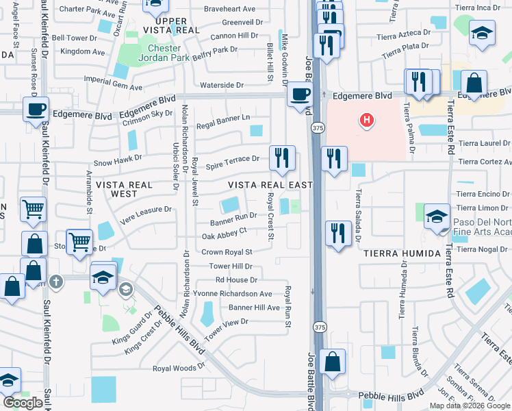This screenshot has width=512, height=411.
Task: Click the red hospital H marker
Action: pyautogui.click(x=368, y=121)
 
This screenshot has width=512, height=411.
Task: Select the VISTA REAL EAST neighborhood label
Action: pyautogui.click(x=270, y=185)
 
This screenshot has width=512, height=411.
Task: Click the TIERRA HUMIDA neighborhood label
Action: pyautogui.click(x=402, y=253)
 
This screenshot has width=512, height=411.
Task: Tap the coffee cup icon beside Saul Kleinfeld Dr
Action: pyautogui.click(x=36, y=108)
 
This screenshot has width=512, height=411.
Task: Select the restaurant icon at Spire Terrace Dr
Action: pyautogui.click(x=281, y=158)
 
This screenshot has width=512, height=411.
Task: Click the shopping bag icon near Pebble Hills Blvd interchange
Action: pyautogui.click(x=332, y=361)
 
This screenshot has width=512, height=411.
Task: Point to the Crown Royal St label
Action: pyautogui.click(x=227, y=252)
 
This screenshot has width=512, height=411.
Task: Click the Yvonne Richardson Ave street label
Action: pyautogui.click(x=233, y=293)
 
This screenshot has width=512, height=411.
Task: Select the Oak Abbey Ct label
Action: pyautogui.click(x=224, y=236)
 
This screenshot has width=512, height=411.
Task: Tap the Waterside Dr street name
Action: pyautogui.click(x=222, y=86)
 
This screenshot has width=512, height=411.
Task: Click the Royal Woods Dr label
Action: pyautogui.click(x=175, y=369)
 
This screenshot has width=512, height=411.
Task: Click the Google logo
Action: pyautogui.click(x=23, y=403)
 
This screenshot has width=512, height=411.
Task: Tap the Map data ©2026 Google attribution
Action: pyautogui.click(x=470, y=405)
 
